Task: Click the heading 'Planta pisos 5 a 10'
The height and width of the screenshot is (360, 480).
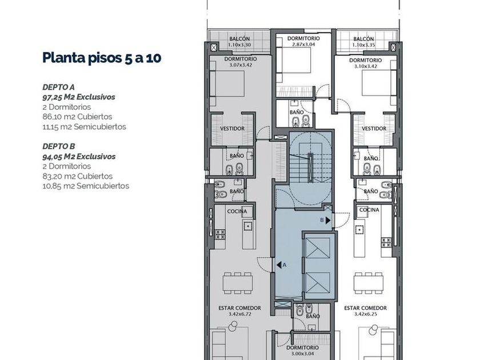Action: coord(102,58)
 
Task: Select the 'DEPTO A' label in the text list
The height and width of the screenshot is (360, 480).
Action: coord(58,87)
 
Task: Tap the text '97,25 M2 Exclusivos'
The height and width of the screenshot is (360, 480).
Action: coord(79,97)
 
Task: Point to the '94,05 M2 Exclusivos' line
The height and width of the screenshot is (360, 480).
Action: coord(79,157)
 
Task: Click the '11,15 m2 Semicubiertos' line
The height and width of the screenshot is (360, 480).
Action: coord(84,126)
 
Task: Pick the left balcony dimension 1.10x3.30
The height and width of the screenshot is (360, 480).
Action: coord(239,45)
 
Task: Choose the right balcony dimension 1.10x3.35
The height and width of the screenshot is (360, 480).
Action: coord(363,45)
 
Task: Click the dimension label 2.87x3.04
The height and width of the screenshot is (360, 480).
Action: coord(303,44)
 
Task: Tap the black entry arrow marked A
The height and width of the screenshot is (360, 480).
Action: coord(279,265)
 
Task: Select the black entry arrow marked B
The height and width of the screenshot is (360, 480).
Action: coord(328,220)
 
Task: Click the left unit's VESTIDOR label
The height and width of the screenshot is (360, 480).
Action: coord(233,129)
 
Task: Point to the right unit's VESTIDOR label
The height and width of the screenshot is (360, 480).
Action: coord(374,129)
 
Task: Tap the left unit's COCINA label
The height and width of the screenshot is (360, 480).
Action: coord(237,211)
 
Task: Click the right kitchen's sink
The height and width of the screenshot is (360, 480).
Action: coord(359,229)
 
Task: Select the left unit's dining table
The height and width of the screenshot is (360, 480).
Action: coord(238,283)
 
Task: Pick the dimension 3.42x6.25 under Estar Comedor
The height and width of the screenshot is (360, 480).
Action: coord(366,314)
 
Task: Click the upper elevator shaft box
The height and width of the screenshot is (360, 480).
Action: coord(318,247)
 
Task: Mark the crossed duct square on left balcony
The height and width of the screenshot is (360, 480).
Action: coord(214,47)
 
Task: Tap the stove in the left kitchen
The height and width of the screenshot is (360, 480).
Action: coord(220,234)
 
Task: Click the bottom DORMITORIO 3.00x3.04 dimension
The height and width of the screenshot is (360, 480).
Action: coord(303,354)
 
